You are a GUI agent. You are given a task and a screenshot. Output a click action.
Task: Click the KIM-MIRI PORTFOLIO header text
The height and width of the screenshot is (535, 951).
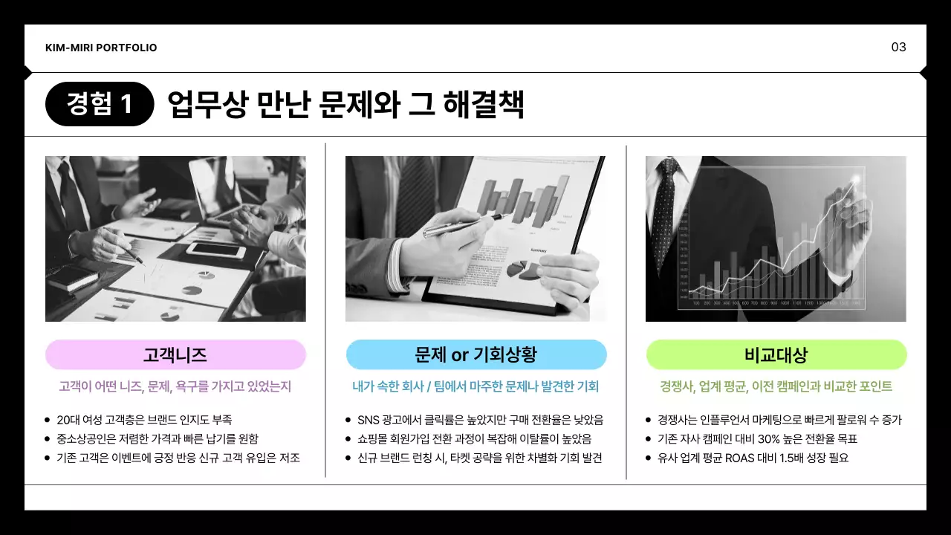click(x=101, y=48)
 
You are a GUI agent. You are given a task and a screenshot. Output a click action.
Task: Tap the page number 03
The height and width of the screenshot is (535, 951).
click(x=898, y=48)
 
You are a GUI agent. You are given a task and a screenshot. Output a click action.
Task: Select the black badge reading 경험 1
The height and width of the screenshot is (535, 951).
click(x=100, y=104)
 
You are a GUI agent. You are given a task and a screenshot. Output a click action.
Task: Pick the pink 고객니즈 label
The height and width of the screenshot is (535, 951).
click(x=175, y=354)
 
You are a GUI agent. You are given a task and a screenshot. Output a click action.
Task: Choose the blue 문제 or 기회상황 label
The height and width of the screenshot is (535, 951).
click(x=476, y=354)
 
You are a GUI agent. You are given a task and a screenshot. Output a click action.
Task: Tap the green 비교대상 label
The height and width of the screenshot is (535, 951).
click(x=776, y=354)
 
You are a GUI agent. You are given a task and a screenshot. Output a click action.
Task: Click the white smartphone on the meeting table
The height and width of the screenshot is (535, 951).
click(x=215, y=250)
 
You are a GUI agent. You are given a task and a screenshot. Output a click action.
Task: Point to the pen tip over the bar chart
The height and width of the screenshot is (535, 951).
click(x=511, y=216)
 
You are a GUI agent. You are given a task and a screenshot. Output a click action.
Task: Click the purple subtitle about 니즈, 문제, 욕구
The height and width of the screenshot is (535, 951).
click(x=175, y=386)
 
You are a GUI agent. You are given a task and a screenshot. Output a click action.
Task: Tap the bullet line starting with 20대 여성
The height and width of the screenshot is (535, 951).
click(x=139, y=420)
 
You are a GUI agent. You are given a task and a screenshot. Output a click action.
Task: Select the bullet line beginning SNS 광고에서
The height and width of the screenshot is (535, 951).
click(x=480, y=420)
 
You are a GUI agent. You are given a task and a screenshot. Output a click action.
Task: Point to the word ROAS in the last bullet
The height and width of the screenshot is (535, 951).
click(x=746, y=458)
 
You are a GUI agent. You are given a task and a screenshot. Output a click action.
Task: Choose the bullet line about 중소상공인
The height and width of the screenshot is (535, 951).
click(x=158, y=439)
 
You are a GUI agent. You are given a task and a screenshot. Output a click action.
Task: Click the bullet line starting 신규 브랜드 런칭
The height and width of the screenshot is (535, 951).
click(x=479, y=458)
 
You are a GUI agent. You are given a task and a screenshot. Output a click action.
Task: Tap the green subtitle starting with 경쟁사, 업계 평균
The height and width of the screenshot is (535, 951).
click(x=776, y=386)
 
